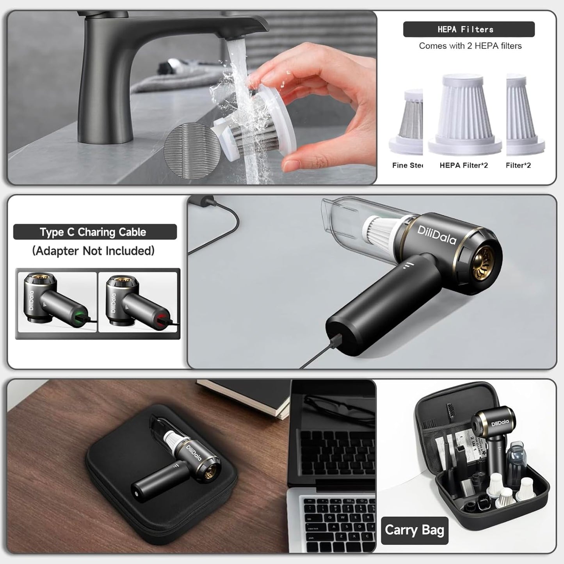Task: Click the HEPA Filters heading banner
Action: tap(468, 29)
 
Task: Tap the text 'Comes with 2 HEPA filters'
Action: tap(470, 46)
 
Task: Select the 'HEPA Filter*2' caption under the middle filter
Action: tap(463, 165)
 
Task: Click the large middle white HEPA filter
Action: tap(464, 113)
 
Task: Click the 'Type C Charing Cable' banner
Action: tap(95, 232)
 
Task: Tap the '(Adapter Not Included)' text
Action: tap(93, 251)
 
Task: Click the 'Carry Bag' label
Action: tap(414, 530)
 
